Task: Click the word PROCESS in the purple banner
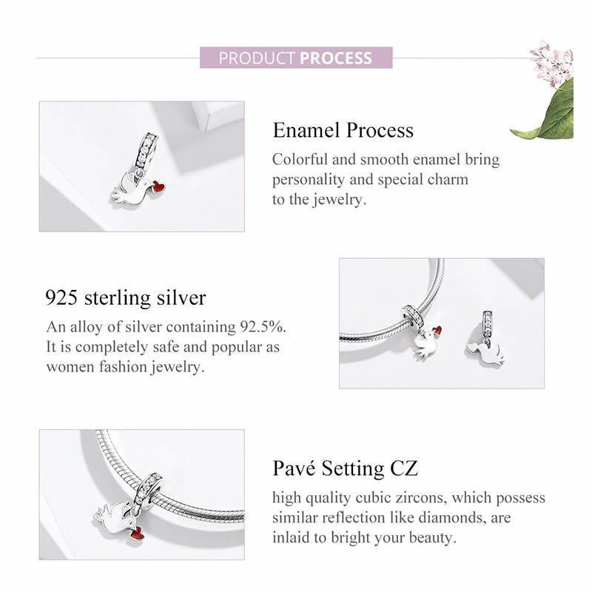336,58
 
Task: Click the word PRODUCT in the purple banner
256,58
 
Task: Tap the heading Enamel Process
343,130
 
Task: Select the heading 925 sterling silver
126,298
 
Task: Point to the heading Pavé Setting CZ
345,468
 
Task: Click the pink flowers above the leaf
552,58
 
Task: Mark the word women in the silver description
70,367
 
